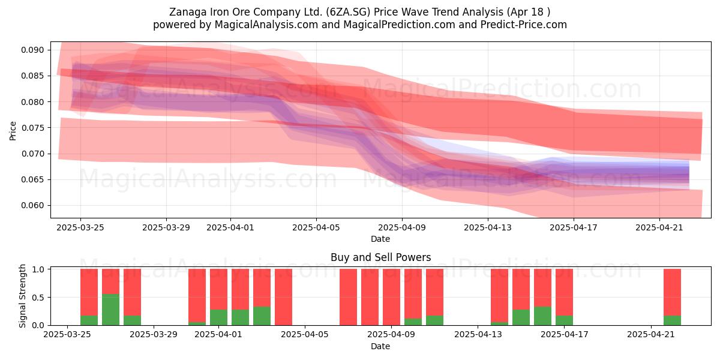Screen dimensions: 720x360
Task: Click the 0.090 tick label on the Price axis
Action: tap(32, 50)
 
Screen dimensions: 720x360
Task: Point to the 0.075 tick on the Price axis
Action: tap(32, 128)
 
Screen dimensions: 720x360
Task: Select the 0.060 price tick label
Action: tap(32, 205)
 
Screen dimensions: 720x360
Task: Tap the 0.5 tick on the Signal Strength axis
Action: tap(38, 298)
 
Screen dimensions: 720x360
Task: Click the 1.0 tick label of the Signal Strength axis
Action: tap(38, 269)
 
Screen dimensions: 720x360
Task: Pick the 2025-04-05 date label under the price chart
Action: tap(316, 227)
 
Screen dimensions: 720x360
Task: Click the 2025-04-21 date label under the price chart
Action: tap(659, 227)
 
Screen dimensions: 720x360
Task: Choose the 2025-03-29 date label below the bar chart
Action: tap(154, 334)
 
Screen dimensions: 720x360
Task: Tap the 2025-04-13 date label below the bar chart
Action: tap(478, 334)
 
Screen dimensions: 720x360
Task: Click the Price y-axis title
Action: tap(13, 131)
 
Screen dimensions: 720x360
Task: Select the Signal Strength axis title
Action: tap(22, 296)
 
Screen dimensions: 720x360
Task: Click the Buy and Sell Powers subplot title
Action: tap(380, 257)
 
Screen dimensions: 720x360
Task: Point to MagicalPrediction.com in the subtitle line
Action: tap(399, 25)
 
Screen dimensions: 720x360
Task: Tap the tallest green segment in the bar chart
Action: tap(110, 310)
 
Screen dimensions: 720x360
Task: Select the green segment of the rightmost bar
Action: tap(672, 320)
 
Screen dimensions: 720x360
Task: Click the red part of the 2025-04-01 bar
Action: tap(218, 289)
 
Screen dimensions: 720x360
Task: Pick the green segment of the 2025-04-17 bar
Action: tap(564, 320)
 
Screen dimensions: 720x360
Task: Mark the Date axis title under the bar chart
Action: tap(380, 346)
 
